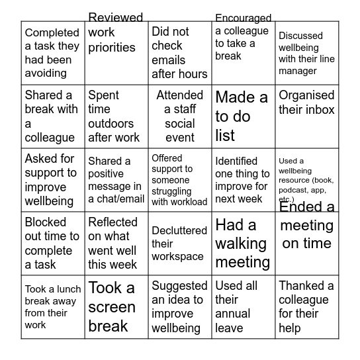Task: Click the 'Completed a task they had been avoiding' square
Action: (x=52, y=53)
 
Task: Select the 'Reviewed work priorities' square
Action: (x=116, y=53)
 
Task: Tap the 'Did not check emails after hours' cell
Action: (x=179, y=53)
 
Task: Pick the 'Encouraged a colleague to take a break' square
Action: (x=243, y=53)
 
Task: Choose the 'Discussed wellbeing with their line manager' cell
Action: (x=306, y=53)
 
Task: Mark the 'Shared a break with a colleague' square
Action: (x=52, y=116)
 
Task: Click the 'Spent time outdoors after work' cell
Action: (x=116, y=116)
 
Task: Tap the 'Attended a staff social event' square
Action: (x=179, y=116)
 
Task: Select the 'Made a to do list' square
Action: (x=243, y=116)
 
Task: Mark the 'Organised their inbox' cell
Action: (x=306, y=116)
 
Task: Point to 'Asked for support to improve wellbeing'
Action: (x=52, y=180)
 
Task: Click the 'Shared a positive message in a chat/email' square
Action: (x=116, y=180)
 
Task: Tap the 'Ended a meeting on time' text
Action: (x=307, y=225)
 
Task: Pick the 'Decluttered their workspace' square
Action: (x=179, y=244)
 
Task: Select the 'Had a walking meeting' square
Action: (x=243, y=244)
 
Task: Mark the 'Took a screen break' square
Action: (x=116, y=307)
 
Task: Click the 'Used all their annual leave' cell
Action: (x=243, y=307)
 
